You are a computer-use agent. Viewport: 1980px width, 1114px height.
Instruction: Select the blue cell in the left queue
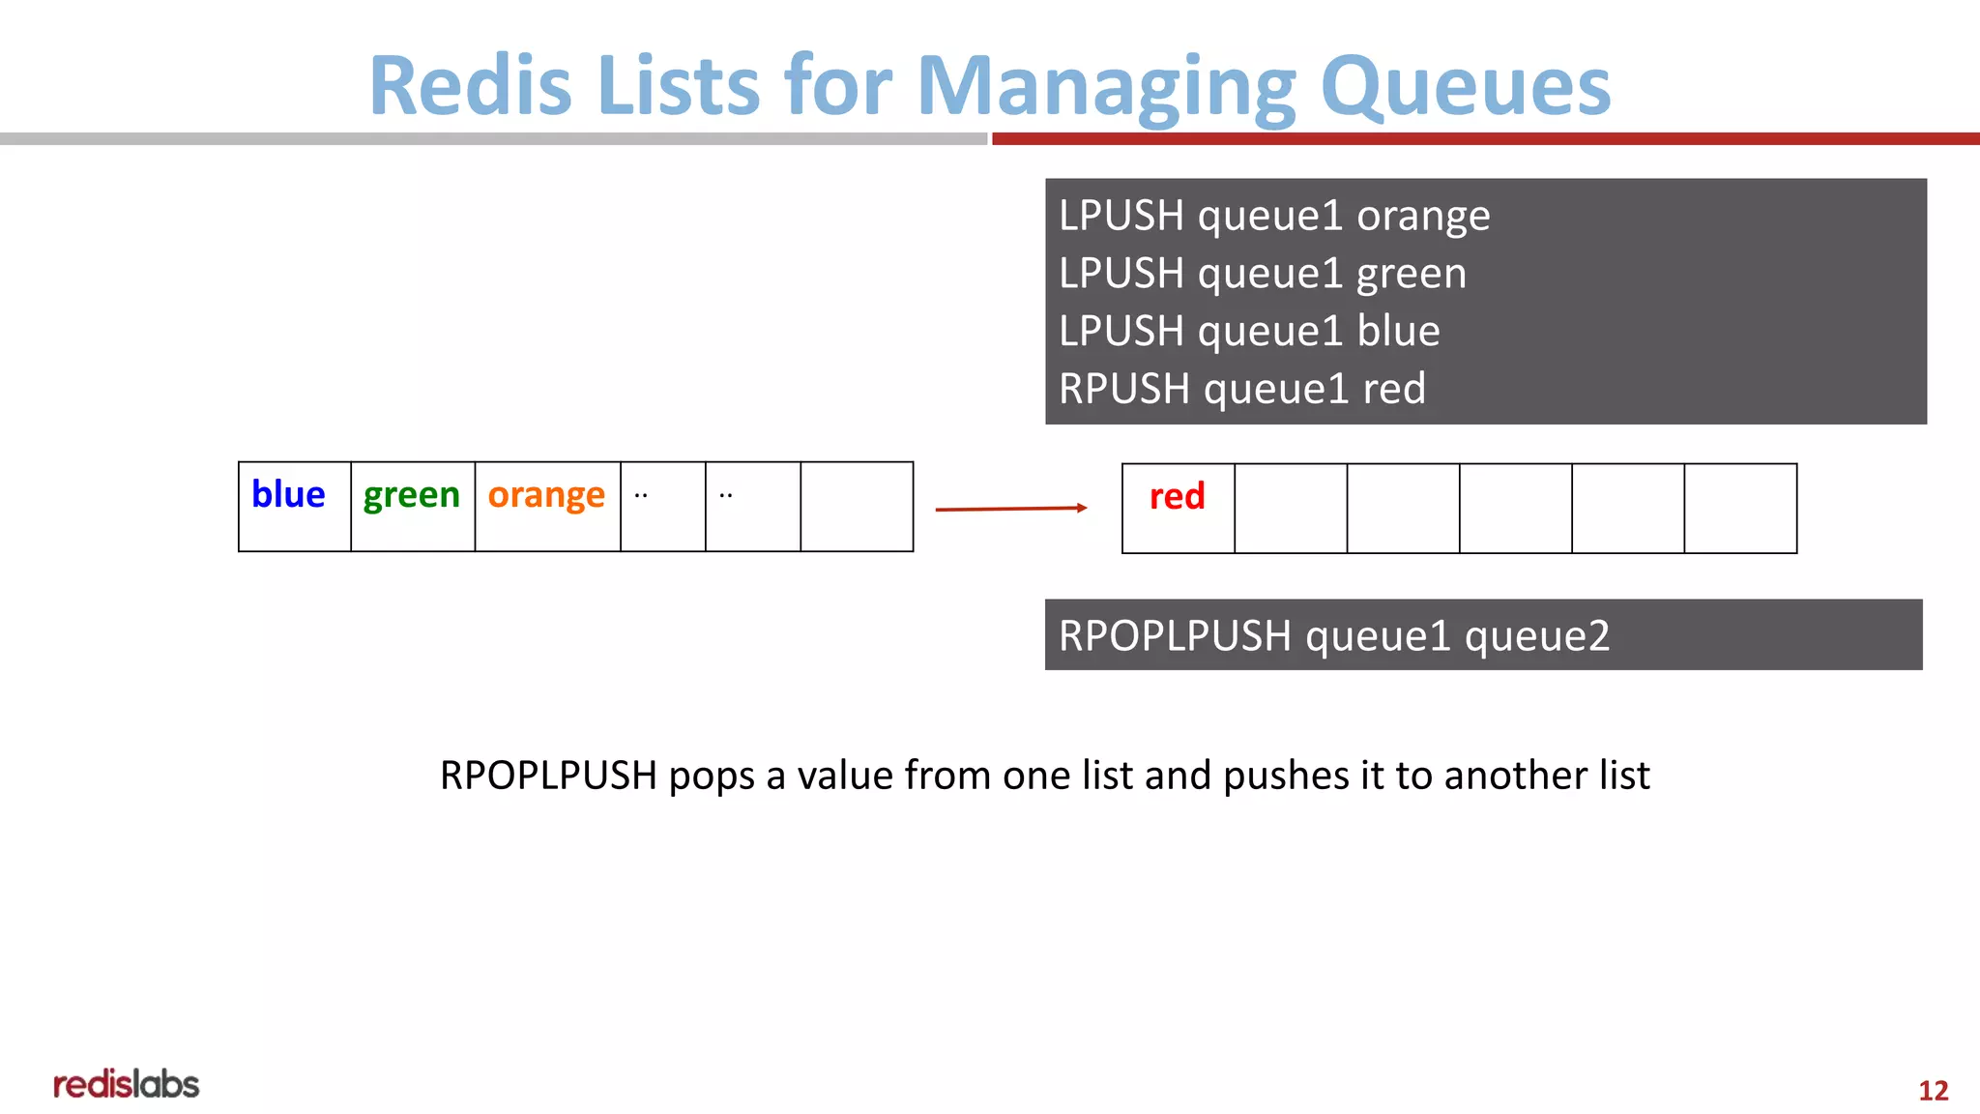pos(294,506)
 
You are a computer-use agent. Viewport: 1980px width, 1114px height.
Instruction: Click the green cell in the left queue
pos(412,506)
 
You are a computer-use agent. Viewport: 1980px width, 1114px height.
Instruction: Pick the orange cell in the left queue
pos(547,506)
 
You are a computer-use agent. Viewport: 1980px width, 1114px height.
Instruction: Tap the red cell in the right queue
pos(1178,508)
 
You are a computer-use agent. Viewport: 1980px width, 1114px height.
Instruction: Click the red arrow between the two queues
pos(1010,508)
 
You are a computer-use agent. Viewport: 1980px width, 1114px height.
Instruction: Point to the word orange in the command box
pos(1423,217)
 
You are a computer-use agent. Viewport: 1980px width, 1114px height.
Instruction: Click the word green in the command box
pos(1411,275)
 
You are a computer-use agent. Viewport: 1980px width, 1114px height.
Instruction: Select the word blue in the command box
pos(1398,332)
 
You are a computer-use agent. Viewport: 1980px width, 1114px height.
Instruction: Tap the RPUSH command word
pos(1123,389)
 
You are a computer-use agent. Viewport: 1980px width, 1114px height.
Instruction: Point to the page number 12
pos(1933,1091)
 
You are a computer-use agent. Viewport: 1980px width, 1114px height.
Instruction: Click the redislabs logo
pos(126,1085)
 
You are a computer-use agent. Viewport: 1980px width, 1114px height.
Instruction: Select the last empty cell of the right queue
pos(1740,508)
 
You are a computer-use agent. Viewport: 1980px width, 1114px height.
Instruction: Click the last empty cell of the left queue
pos(857,506)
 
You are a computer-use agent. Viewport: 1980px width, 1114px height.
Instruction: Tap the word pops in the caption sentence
pos(711,776)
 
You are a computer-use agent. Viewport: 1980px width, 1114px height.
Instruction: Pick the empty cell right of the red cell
pos(1291,508)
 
